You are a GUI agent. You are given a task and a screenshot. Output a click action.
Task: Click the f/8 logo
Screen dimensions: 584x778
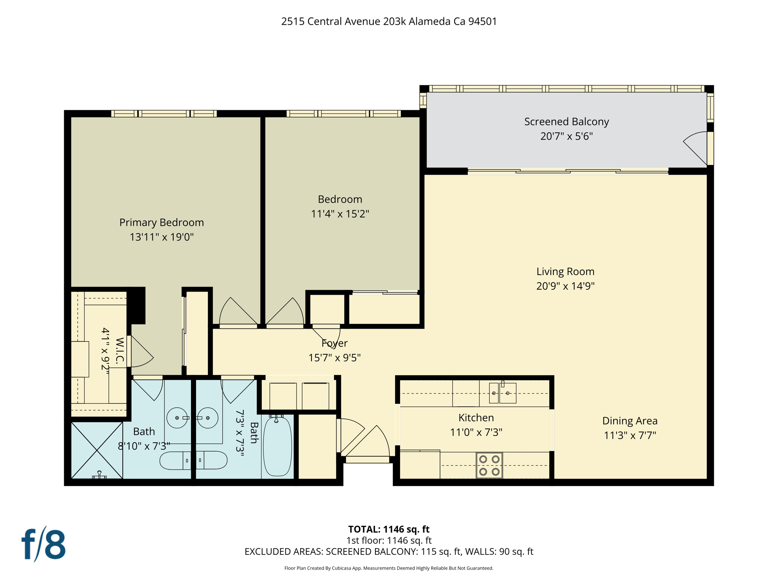[x=43, y=544]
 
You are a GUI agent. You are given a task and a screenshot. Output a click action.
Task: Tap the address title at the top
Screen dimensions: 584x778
[x=389, y=21]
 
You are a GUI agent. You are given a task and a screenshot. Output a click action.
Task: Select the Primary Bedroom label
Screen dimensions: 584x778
[x=161, y=222]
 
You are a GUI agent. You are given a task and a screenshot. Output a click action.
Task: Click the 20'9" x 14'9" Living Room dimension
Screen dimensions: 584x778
[x=565, y=286]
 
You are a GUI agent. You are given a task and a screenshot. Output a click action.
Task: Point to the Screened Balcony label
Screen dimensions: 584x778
[x=566, y=122]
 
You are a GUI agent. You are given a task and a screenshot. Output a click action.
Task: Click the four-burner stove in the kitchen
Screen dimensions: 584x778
[x=489, y=465]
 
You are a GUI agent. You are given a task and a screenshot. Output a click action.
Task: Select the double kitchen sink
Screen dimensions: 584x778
[x=502, y=393]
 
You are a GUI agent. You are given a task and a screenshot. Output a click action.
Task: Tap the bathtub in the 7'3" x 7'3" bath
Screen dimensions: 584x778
[x=277, y=446]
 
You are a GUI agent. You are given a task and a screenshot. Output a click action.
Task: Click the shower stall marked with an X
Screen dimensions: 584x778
[x=97, y=450]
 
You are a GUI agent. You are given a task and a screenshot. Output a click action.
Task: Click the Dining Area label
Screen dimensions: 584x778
[x=629, y=421]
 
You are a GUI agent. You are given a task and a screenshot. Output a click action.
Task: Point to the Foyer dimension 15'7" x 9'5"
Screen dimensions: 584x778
[x=334, y=358]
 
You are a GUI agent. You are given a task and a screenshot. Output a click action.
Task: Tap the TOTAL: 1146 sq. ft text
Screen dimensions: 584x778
[x=389, y=529]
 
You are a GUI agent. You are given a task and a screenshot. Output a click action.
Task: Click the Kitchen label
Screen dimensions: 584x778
[x=476, y=417]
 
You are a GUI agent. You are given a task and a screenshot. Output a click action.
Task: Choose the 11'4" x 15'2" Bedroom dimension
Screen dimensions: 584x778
[x=340, y=214]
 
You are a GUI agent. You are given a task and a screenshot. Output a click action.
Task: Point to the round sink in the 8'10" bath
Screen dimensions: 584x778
[x=177, y=418]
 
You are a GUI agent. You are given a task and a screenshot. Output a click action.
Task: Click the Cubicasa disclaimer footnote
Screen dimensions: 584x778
[x=389, y=568]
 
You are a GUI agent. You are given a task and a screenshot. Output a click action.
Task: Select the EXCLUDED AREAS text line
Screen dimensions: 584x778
[x=389, y=551]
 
